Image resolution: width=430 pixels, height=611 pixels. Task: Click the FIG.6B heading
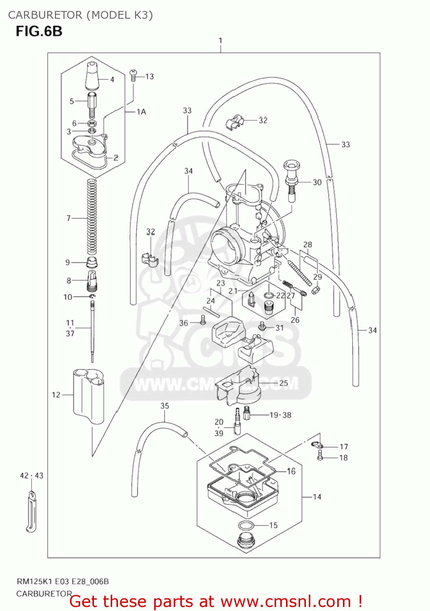pyautogui.click(x=39, y=31)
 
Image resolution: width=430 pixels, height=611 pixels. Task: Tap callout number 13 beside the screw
pyautogui.click(x=149, y=77)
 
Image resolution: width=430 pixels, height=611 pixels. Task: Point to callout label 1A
pyautogui.click(x=141, y=112)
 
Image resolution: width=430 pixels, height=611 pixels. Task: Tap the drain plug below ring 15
pyautogui.click(x=245, y=540)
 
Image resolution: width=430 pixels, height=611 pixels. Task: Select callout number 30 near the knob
pyautogui.click(x=317, y=182)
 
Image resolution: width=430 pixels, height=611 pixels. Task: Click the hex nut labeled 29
pyautogui.click(x=316, y=290)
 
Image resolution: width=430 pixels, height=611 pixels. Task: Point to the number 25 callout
pyautogui.click(x=284, y=383)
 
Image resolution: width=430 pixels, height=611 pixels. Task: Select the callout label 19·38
pyautogui.click(x=280, y=415)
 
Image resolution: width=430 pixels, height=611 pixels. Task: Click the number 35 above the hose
pyautogui.click(x=164, y=406)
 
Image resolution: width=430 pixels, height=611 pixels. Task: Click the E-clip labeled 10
pyautogui.click(x=93, y=297)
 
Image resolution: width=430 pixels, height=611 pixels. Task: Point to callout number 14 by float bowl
pyautogui.click(x=317, y=497)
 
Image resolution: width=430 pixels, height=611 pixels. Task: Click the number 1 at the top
pyautogui.click(x=220, y=41)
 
